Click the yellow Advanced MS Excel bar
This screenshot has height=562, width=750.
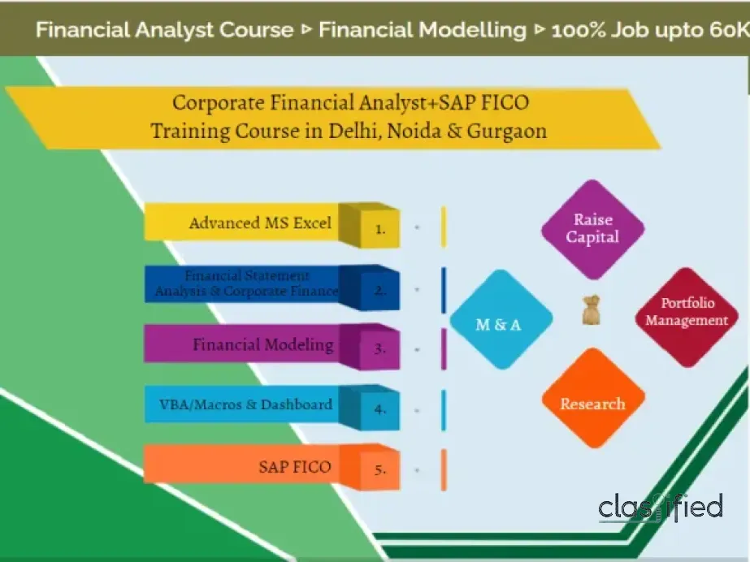pyautogui.click(x=244, y=223)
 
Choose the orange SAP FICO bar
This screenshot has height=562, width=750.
pyautogui.click(x=244, y=466)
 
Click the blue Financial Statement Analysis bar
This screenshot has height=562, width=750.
pyautogui.click(x=244, y=284)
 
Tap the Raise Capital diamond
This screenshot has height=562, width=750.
pyautogui.click(x=592, y=229)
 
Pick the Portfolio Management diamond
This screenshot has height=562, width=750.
pyautogui.click(x=683, y=313)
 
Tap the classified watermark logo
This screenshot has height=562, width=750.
pyautogui.click(x=660, y=508)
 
